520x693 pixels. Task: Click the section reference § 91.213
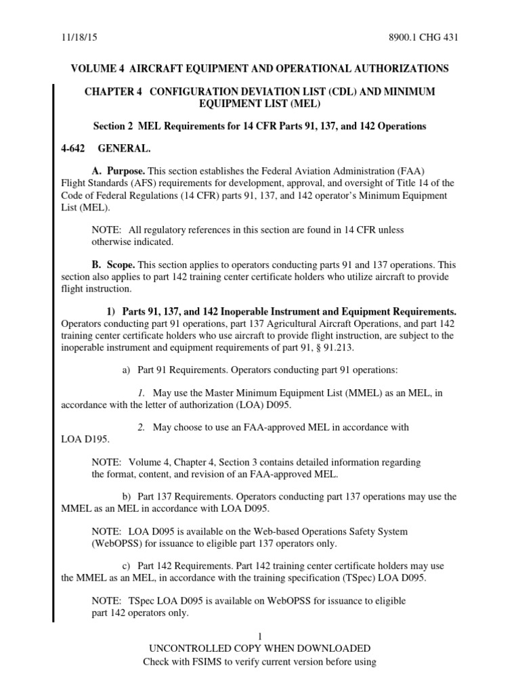328,348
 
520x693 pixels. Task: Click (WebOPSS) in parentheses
119,543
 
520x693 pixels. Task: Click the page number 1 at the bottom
259,636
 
